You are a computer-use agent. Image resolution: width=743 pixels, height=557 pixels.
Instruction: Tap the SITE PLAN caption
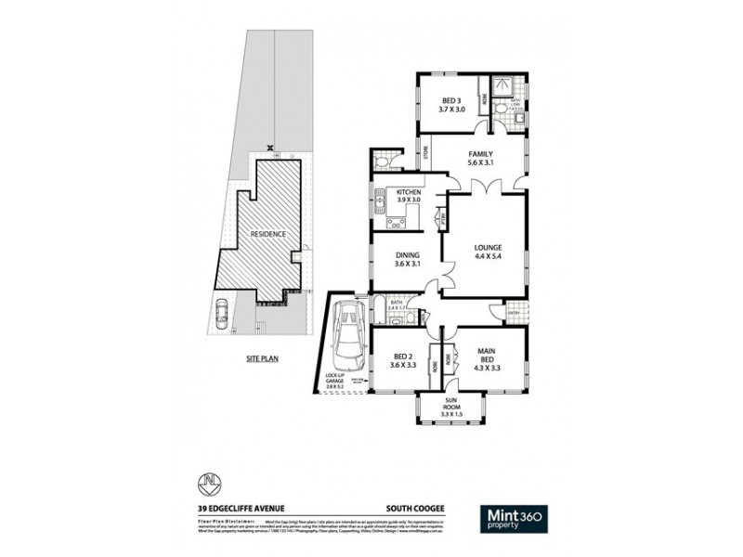(263, 356)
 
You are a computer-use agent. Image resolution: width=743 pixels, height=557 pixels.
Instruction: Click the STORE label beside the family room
(427, 153)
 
